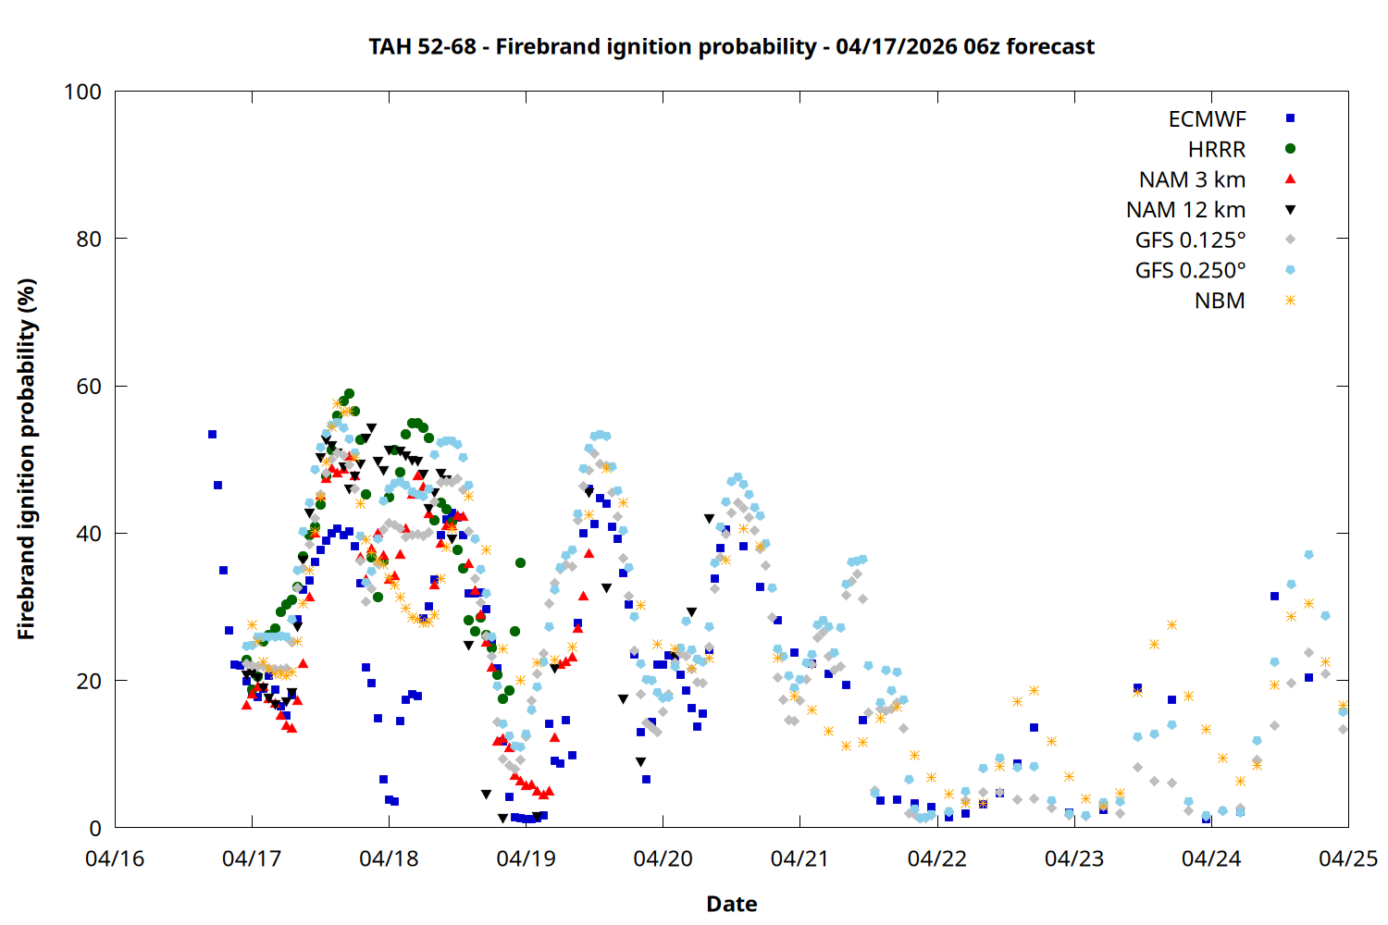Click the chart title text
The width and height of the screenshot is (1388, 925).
click(731, 46)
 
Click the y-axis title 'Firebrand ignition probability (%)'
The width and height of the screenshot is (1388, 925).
click(26, 459)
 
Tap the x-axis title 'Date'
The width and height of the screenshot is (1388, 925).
click(731, 904)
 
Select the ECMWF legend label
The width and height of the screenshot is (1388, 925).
click(1207, 119)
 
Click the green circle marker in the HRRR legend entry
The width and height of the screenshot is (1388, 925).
click(1290, 148)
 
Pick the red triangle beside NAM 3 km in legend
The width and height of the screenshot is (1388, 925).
click(1290, 179)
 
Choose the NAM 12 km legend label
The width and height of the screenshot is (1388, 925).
click(1185, 210)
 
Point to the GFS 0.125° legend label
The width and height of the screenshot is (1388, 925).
click(1190, 240)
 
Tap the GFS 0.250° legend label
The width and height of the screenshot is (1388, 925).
click(1190, 271)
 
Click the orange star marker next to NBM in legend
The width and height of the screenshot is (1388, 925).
click(1290, 301)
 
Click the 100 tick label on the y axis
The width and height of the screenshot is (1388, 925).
click(82, 92)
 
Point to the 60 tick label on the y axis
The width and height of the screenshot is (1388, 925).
click(89, 387)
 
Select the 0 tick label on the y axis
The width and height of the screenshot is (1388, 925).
click(95, 829)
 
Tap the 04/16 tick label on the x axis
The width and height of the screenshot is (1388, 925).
click(115, 859)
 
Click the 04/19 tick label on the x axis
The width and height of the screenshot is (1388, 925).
click(526, 859)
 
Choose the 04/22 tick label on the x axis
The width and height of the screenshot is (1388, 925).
click(936, 859)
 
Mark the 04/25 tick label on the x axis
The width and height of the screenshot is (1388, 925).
click(1347, 859)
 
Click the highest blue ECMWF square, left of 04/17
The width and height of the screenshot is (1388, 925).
click(212, 434)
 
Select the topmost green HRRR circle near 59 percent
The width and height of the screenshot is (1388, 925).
click(349, 394)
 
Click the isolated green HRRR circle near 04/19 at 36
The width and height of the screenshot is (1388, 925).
click(520, 562)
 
